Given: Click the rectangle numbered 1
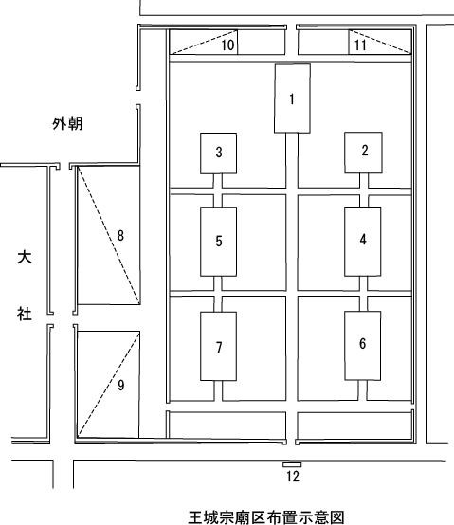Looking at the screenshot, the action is pyautogui.click(x=292, y=99).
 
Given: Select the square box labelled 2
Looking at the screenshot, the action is pyautogui.click(x=363, y=153).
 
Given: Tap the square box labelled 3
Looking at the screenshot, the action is pyautogui.click(x=219, y=154).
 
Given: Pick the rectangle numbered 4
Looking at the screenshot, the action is pyautogui.click(x=363, y=242).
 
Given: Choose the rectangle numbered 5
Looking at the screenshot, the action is pyautogui.click(x=219, y=242).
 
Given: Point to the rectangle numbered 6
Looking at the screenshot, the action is pyautogui.click(x=363, y=346).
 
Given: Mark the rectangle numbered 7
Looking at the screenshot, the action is pyautogui.click(x=219, y=346).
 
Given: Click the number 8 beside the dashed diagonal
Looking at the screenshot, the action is pyautogui.click(x=120, y=235).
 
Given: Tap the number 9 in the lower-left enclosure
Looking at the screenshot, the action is pyautogui.click(x=121, y=386).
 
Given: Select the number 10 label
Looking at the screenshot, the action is pyautogui.click(x=227, y=45).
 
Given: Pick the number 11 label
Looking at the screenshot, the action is pyautogui.click(x=360, y=45).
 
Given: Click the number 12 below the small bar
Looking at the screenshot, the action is pyautogui.click(x=293, y=476).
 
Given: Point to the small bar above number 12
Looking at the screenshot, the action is pyautogui.click(x=292, y=464).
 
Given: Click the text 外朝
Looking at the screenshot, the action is pyautogui.click(x=67, y=123).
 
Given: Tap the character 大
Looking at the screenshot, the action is pyautogui.click(x=25, y=257).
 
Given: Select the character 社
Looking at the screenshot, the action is pyautogui.click(x=25, y=315).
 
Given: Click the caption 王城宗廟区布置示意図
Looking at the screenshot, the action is pyautogui.click(x=266, y=517).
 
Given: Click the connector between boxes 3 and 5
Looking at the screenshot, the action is pyautogui.click(x=218, y=190).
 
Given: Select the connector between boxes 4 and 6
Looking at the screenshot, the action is pyautogui.click(x=363, y=294).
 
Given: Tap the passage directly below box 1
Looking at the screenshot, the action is pyautogui.click(x=292, y=161).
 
